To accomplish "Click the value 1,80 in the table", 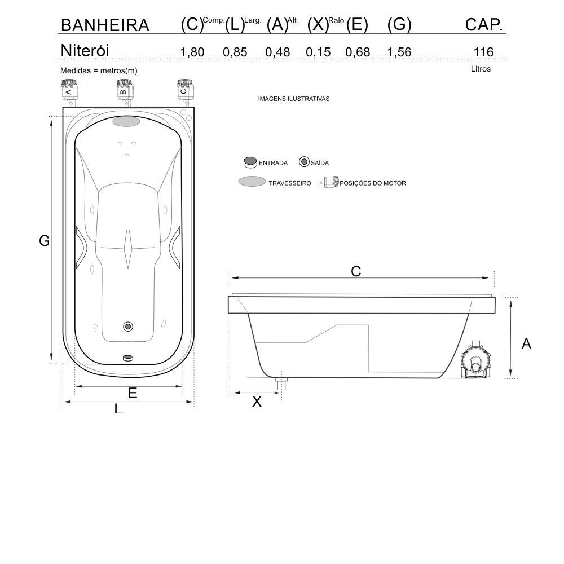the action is click(x=192, y=52).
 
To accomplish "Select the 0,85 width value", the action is click(x=235, y=52).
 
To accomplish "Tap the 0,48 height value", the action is click(x=277, y=52).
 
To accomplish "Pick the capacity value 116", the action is click(x=483, y=52).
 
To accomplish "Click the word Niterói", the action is click(x=85, y=50).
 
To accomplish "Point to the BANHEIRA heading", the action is click(x=105, y=25).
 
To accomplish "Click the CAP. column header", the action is click(x=484, y=25).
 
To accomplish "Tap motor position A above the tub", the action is click(x=69, y=90).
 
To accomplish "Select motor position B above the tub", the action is click(x=124, y=90).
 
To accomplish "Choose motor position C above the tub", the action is click(x=184, y=90).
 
